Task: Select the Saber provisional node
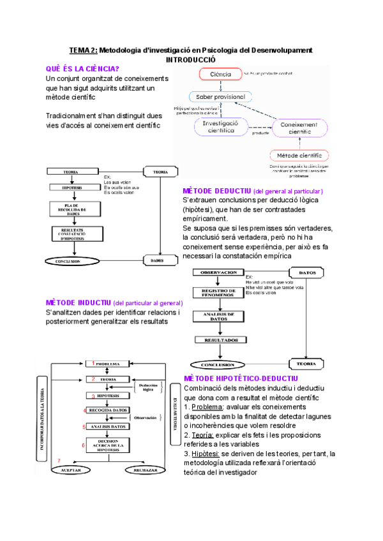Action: pyautogui.click(x=220, y=97)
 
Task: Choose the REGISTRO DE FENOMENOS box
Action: pyautogui.click(x=220, y=293)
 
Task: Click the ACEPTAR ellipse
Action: pyautogui.click(x=70, y=470)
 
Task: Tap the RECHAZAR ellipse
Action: pyautogui.click(x=146, y=470)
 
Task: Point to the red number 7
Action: pyautogui.click(x=59, y=461)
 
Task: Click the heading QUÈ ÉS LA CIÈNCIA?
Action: pyautogui.click(x=83, y=68)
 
